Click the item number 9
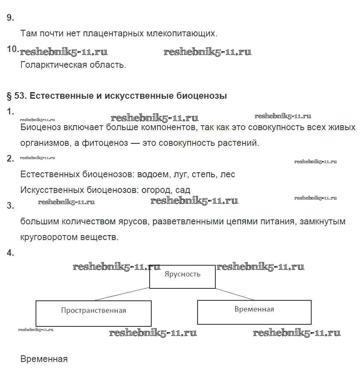(x=10, y=18)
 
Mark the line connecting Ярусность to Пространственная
(x=122, y=294)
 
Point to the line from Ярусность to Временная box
(x=235, y=294)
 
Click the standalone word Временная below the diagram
(x=44, y=359)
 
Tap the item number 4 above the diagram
(x=10, y=253)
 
